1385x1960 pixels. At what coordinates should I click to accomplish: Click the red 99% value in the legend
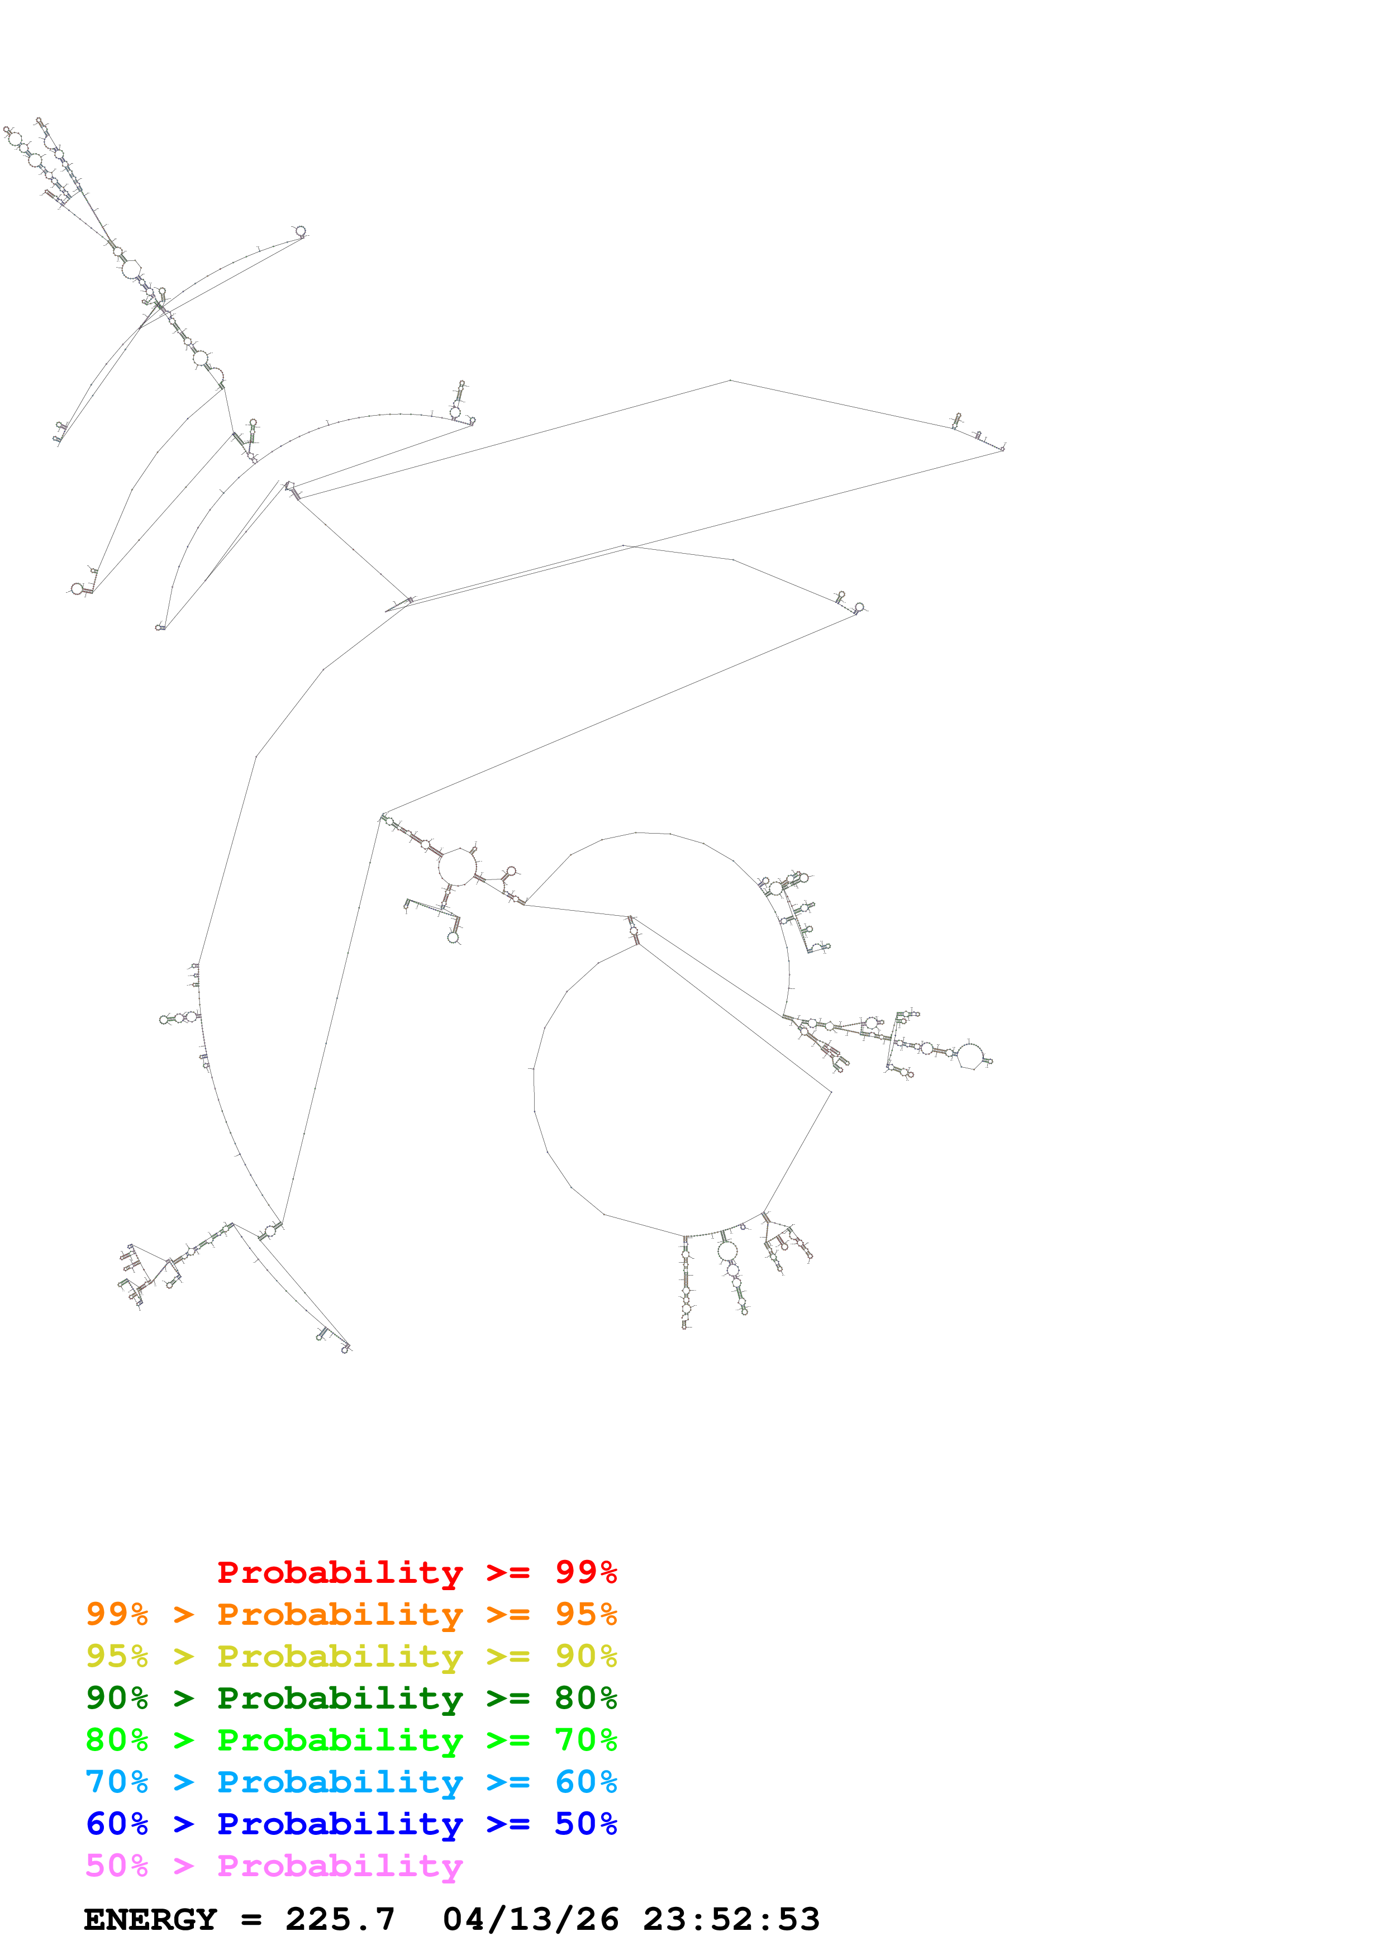[x=586, y=1572]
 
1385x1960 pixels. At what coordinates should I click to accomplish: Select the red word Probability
[x=340, y=1572]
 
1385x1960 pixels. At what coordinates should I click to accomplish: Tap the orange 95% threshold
[x=586, y=1614]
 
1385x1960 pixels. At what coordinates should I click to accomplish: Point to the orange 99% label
[x=117, y=1614]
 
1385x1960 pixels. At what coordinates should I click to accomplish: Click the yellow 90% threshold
[x=586, y=1656]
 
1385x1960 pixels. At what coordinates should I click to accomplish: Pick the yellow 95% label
[x=117, y=1656]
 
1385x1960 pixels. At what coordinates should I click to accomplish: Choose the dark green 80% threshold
[x=586, y=1698]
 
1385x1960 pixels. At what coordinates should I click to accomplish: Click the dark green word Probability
[x=340, y=1698]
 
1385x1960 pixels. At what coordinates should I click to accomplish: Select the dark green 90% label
[x=117, y=1698]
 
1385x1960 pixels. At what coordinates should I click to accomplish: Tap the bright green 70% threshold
[x=586, y=1740]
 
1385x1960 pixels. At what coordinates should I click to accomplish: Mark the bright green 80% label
[x=117, y=1740]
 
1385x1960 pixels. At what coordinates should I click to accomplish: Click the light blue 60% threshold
[x=586, y=1782]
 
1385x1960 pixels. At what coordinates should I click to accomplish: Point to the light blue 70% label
[x=117, y=1782]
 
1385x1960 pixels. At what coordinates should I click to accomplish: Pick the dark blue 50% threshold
[x=586, y=1824]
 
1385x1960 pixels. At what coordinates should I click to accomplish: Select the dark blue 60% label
[x=117, y=1824]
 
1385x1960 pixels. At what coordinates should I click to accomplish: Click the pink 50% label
[x=117, y=1865]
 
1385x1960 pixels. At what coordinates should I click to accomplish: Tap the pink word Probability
[x=340, y=1865]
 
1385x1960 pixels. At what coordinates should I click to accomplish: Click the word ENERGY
[x=150, y=1919]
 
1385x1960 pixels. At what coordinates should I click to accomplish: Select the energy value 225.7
[x=340, y=1919]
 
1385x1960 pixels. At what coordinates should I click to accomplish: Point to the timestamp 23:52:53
[x=730, y=1919]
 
